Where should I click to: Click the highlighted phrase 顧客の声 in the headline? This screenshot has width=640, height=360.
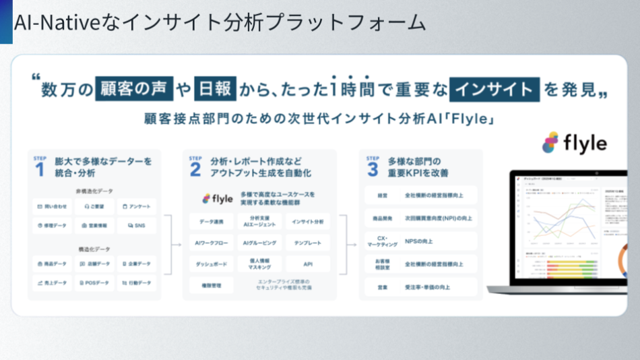click(x=135, y=88)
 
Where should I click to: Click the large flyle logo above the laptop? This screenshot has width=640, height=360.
click(x=575, y=143)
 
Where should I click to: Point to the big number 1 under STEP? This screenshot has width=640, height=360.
click(x=39, y=170)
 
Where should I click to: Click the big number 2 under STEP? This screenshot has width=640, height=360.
click(x=195, y=170)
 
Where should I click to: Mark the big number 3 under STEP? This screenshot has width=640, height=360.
click(x=373, y=170)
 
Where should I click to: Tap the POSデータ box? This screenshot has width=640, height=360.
click(x=94, y=282)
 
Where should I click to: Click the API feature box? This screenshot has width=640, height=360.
click(x=308, y=264)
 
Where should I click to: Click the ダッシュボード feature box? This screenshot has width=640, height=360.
click(x=212, y=264)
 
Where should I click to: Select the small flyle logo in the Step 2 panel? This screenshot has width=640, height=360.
click(x=218, y=198)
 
